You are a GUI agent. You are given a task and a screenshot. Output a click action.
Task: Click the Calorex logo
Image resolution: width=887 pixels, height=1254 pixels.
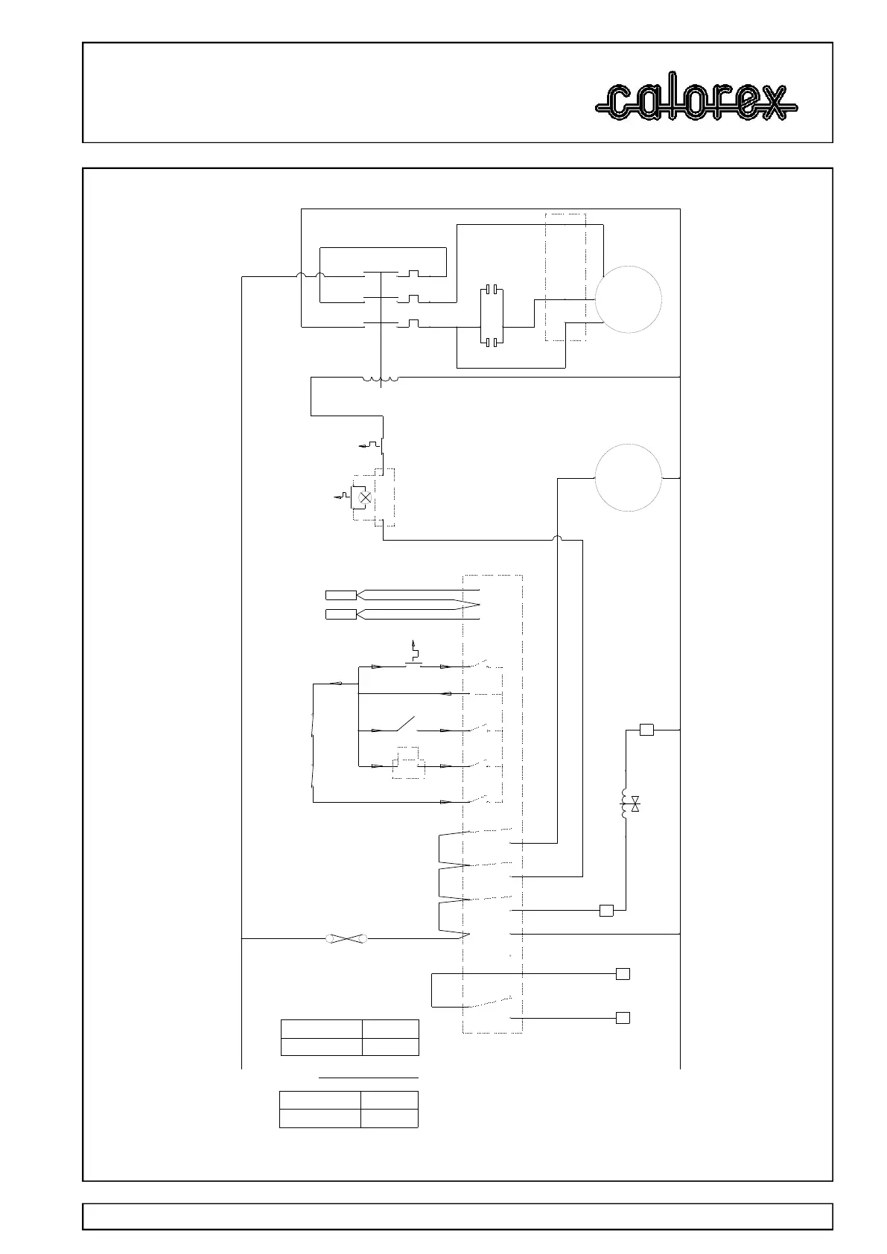(x=696, y=102)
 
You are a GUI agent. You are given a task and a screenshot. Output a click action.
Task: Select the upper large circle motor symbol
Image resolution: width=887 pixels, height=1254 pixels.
(x=629, y=299)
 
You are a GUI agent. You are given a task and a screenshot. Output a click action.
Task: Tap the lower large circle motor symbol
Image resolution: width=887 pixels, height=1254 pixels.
(x=629, y=477)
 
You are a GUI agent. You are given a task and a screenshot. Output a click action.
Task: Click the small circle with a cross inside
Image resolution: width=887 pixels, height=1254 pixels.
(x=365, y=497)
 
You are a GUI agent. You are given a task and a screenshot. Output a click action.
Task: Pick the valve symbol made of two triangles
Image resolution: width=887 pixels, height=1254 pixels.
(x=635, y=804)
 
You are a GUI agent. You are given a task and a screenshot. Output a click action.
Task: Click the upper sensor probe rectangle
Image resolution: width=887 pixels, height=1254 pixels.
(x=341, y=595)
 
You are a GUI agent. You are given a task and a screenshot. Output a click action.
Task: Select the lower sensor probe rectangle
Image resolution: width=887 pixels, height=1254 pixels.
(x=341, y=614)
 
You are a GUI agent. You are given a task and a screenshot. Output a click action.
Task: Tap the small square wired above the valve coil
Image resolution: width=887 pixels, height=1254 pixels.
(x=646, y=730)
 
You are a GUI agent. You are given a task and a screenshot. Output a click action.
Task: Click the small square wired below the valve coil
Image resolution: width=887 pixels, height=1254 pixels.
(x=606, y=910)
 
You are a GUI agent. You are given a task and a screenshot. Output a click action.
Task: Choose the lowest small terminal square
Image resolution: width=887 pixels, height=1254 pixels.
(x=623, y=1018)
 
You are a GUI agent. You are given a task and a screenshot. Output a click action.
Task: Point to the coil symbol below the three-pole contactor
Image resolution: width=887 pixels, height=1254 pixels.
(x=381, y=380)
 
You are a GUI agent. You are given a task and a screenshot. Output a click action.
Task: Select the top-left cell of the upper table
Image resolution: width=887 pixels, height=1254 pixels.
(x=321, y=1028)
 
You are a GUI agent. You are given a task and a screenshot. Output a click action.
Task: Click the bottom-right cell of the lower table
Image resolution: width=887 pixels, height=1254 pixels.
(x=389, y=1118)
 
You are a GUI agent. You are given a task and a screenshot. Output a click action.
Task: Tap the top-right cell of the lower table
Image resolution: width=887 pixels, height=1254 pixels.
(x=389, y=1101)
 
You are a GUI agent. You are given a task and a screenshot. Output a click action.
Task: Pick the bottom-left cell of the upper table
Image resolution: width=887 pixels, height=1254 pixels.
(x=321, y=1046)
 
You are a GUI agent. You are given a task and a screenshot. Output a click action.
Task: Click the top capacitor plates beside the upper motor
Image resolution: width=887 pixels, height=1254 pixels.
(x=491, y=288)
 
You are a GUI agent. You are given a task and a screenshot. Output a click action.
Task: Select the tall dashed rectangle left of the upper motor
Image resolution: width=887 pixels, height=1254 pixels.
(x=565, y=277)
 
